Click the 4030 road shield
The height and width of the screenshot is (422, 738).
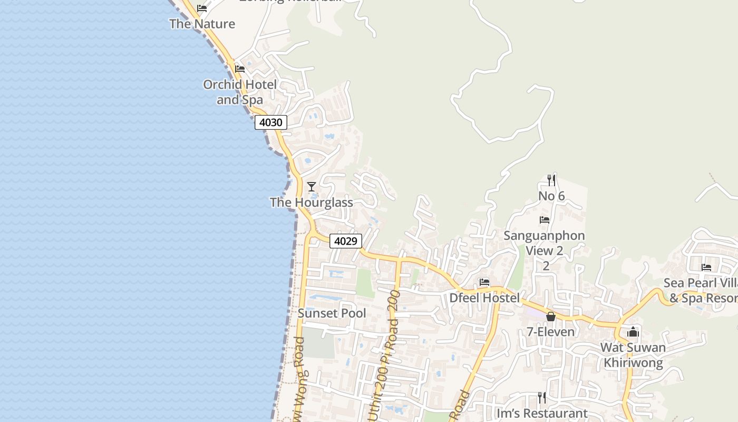click(x=271, y=122)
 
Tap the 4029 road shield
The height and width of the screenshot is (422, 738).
click(x=346, y=241)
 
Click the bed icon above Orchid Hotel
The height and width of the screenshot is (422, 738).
click(x=240, y=69)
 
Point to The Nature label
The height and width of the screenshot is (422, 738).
click(x=202, y=24)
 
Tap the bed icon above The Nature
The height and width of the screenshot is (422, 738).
click(x=202, y=8)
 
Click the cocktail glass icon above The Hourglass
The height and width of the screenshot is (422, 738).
click(x=312, y=186)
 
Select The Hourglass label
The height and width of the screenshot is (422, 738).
click(x=312, y=202)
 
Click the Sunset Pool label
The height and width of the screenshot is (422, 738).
click(x=332, y=313)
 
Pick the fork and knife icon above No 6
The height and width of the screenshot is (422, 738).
click(x=551, y=180)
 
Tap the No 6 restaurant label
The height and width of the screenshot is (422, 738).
click(x=551, y=196)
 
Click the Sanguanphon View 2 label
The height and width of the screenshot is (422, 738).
click(x=544, y=243)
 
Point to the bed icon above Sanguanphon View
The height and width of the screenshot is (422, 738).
click(x=545, y=219)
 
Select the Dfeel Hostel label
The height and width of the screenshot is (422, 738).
click(x=484, y=298)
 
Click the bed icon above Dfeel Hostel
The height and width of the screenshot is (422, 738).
click(x=484, y=282)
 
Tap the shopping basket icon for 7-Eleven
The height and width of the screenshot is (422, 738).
click(x=551, y=316)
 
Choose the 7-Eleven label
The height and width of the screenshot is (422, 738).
click(x=551, y=332)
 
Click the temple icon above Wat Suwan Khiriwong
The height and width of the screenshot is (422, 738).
click(x=633, y=332)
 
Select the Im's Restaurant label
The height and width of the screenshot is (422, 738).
click(x=542, y=413)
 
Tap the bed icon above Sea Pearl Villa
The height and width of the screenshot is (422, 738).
click(x=706, y=267)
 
